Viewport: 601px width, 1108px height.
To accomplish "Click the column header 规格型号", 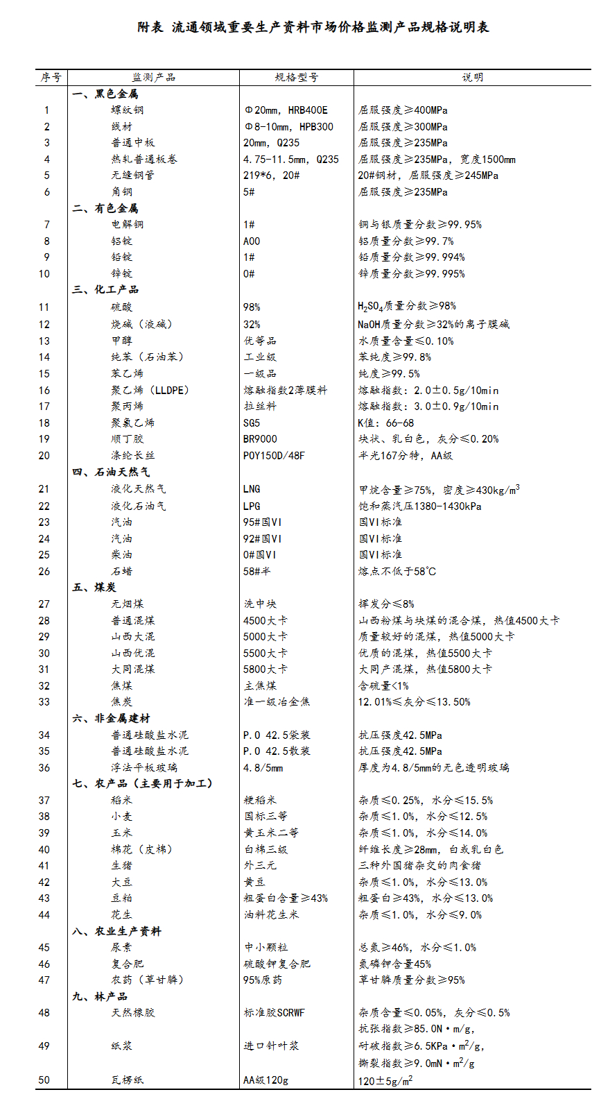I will click(296, 77).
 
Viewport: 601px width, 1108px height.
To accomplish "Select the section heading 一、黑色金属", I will click(105, 94).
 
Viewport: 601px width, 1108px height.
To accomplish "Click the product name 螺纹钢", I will click(128, 110).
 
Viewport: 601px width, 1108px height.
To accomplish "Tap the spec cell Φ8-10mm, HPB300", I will click(288, 126).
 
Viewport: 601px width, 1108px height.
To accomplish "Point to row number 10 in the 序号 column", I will click(44, 273).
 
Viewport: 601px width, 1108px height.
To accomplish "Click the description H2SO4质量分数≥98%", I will click(407, 306).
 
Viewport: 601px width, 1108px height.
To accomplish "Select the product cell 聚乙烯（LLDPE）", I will click(150, 390).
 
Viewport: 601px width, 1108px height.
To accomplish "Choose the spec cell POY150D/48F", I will click(274, 455).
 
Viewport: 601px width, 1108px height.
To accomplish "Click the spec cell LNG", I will click(252, 488).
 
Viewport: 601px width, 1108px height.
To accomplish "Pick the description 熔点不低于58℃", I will click(397, 571).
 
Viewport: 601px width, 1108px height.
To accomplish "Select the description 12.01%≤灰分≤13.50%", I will click(414, 701).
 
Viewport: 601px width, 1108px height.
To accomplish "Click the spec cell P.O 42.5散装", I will click(277, 751).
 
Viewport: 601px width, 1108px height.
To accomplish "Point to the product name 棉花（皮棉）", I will click(141, 849).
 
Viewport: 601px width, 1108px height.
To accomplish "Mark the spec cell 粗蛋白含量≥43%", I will click(286, 898).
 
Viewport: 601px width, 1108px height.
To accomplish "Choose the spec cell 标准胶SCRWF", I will click(274, 1012).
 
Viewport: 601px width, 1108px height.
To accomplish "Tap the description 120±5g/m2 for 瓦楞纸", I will click(385, 1080).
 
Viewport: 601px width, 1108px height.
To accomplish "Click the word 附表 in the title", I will click(150, 27).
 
